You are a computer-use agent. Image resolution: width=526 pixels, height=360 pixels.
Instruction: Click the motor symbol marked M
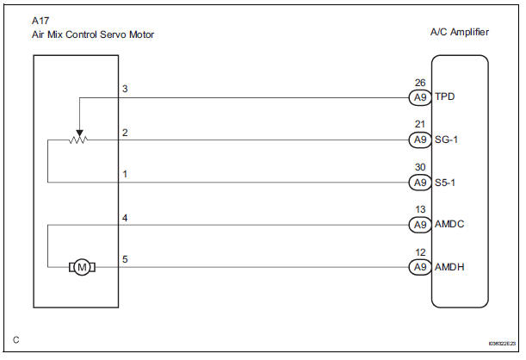tap(83, 267)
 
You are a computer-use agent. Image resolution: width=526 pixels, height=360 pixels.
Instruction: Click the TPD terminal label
tap(446, 96)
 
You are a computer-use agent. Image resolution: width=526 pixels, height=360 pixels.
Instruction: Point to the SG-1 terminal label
tap(448, 140)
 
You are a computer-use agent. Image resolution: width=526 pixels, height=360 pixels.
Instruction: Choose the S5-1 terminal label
tap(448, 183)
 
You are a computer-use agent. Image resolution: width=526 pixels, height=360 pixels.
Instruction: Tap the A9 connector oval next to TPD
tap(419, 96)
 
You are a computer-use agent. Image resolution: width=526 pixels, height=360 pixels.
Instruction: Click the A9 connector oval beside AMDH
tap(419, 267)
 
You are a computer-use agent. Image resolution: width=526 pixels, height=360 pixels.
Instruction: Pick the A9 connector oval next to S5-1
tap(419, 183)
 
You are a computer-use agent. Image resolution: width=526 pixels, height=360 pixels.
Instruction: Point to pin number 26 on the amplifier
tap(419, 84)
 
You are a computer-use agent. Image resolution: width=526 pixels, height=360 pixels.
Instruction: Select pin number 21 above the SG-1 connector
tap(419, 126)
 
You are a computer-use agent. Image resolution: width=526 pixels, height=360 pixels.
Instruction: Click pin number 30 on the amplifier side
tap(419, 169)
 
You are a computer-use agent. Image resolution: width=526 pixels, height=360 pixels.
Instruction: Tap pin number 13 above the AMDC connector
tap(419, 211)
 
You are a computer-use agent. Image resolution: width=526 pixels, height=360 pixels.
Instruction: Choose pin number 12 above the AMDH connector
tap(419, 254)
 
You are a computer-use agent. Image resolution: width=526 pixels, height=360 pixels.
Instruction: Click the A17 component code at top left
tap(39, 20)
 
